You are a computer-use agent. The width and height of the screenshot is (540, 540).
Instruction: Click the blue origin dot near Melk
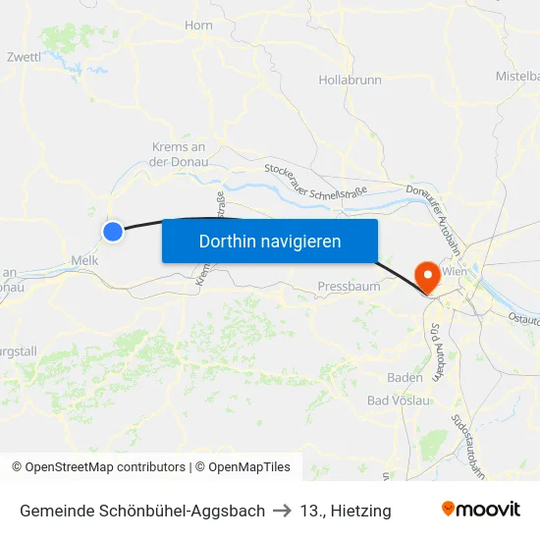[x=113, y=231]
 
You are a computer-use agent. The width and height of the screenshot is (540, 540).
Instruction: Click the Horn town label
[x=198, y=26]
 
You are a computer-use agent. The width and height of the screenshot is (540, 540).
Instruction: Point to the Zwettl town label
[x=24, y=57]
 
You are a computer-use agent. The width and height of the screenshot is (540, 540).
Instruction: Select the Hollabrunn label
[x=350, y=80]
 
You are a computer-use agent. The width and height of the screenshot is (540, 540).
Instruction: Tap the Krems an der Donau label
[x=178, y=155]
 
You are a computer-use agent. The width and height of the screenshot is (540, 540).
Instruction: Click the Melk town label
[x=83, y=260]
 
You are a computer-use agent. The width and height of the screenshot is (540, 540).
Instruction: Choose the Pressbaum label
[x=349, y=287]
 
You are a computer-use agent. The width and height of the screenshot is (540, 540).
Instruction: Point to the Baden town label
[x=405, y=377]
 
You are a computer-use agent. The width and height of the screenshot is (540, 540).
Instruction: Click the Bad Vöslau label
[x=399, y=400]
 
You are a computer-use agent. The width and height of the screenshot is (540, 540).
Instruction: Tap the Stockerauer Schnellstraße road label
[x=314, y=181]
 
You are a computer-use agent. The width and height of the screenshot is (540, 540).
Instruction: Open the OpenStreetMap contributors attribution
[x=98, y=467]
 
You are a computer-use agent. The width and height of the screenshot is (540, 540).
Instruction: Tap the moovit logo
[x=480, y=510]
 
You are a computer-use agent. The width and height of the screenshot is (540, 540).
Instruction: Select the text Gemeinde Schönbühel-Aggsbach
[x=142, y=511]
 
